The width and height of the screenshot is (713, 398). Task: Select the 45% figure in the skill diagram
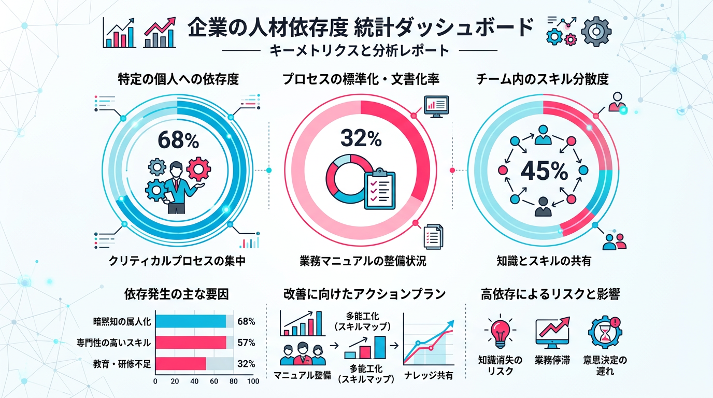(x=543, y=170)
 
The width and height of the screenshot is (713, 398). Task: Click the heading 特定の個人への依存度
(x=178, y=80)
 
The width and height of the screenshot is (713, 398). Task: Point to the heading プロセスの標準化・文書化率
(x=361, y=80)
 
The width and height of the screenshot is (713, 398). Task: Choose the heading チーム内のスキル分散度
(x=543, y=80)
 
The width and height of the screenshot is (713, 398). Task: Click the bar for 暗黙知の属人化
(x=191, y=321)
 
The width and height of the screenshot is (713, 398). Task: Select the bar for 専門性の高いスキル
(x=191, y=343)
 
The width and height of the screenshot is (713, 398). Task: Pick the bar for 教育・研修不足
(x=181, y=363)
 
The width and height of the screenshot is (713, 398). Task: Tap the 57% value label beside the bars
(x=246, y=343)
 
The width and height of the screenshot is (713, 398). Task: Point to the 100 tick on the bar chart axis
(x=253, y=381)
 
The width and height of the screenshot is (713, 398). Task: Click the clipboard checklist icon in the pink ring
(x=380, y=189)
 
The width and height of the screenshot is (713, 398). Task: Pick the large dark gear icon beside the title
(x=596, y=32)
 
